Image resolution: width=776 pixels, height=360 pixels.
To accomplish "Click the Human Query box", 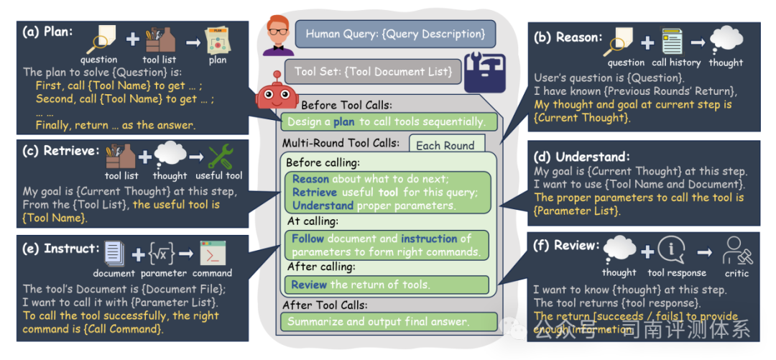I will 395,34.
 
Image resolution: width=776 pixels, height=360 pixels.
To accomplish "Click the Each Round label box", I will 445,145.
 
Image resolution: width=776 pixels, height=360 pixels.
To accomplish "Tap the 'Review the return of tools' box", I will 387,285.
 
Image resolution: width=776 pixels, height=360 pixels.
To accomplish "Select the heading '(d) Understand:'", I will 582,157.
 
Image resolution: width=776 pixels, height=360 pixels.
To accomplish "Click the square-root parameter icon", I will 162,254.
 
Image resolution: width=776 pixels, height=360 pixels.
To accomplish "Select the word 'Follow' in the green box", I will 308,239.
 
